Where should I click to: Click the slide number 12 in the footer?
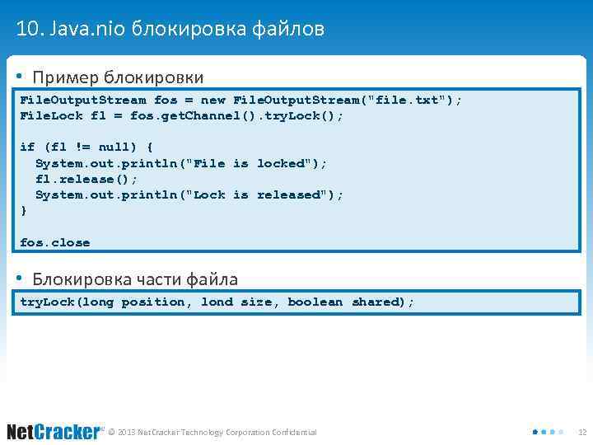point(581,432)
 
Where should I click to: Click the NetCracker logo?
point(54,431)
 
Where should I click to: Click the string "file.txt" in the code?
point(408,100)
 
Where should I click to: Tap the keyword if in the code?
point(27,147)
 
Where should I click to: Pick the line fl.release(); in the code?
point(86,179)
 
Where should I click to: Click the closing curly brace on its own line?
point(23,210)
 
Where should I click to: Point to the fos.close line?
point(54,242)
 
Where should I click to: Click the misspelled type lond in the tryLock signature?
point(217,302)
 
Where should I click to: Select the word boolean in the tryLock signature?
point(315,302)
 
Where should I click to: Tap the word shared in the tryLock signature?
point(375,302)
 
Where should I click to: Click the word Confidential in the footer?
point(291,432)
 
